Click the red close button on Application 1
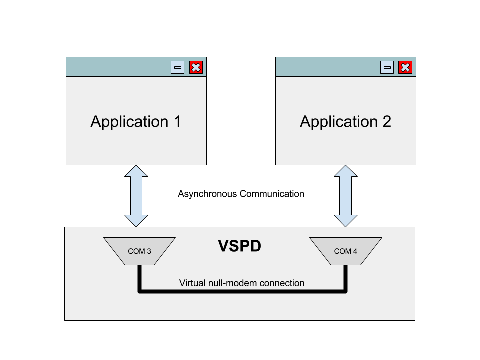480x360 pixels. [x=196, y=67]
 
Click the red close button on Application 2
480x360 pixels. [x=405, y=67]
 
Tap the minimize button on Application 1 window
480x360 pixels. [x=177, y=67]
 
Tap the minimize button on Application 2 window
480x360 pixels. [x=387, y=67]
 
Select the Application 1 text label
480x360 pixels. [x=136, y=122]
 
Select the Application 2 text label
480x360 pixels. [x=345, y=122]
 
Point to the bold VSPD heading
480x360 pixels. [x=240, y=246]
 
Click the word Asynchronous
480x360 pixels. [x=207, y=194]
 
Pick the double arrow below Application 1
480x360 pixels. [x=136, y=196]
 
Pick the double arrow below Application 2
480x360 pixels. [x=346, y=196]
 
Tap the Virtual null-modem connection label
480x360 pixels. [x=242, y=283]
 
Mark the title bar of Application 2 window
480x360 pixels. [x=327, y=67]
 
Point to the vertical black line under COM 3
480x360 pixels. [x=140, y=278]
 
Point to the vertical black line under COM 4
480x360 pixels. [x=345, y=278]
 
